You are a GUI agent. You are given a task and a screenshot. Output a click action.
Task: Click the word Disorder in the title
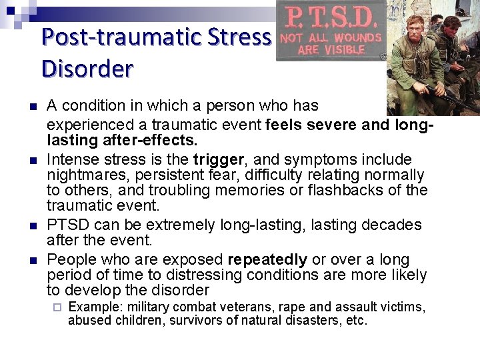tap(87, 68)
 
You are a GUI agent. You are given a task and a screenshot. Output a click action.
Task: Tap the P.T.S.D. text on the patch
tap(330, 16)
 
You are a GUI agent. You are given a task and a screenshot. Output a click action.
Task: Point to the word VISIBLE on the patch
tap(341, 50)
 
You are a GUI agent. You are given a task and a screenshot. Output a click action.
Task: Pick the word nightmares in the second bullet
tap(78, 175)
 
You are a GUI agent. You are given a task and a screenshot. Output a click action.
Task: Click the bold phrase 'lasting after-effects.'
tap(122, 140)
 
